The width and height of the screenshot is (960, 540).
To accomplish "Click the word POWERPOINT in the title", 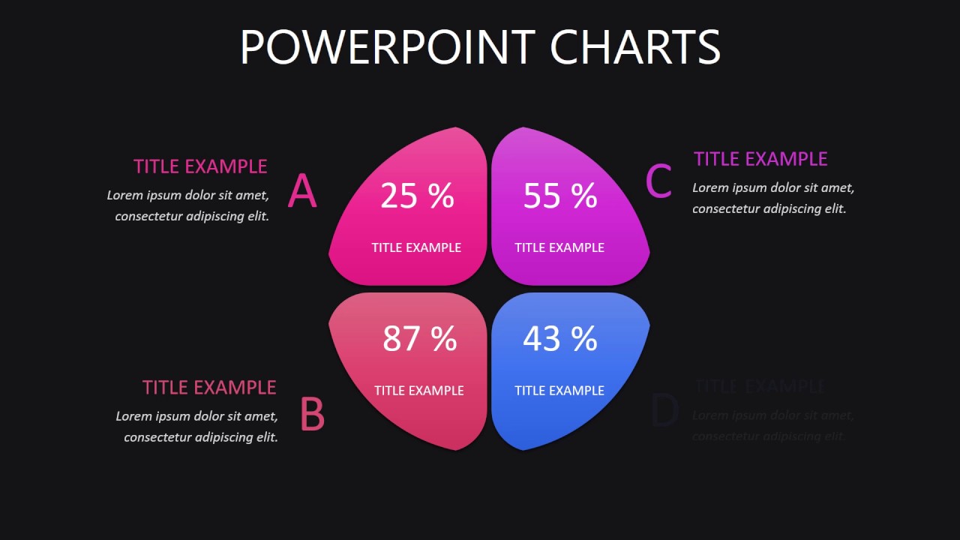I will click(387, 47).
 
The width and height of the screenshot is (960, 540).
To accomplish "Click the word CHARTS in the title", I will click(634, 47).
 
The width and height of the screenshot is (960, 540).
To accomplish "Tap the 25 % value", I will click(417, 196).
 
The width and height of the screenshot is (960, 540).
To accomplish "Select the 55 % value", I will click(560, 196).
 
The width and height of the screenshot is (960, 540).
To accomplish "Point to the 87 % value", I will click(419, 338).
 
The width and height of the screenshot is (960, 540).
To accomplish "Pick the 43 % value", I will click(560, 338).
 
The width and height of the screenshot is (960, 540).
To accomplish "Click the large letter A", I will click(302, 191).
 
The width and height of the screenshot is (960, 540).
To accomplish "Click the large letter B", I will click(312, 415).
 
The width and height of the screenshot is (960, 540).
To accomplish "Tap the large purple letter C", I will click(658, 182).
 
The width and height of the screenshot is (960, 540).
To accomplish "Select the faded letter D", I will click(664, 412).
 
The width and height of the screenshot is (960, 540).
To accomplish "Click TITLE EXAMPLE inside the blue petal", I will click(559, 391).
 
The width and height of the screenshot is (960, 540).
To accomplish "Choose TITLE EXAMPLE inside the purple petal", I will click(559, 247).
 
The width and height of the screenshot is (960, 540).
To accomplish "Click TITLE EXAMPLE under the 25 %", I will click(416, 247).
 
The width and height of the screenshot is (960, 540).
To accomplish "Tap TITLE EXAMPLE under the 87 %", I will click(418, 391).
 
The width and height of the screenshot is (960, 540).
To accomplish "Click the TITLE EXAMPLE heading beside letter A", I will click(200, 166).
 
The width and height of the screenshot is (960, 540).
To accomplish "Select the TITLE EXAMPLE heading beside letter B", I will click(209, 388).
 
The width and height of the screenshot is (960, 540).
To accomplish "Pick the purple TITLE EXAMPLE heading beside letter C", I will click(760, 159).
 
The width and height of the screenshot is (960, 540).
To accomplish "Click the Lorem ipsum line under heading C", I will click(773, 188).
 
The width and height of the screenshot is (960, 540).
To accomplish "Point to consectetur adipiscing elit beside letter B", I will click(201, 437).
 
